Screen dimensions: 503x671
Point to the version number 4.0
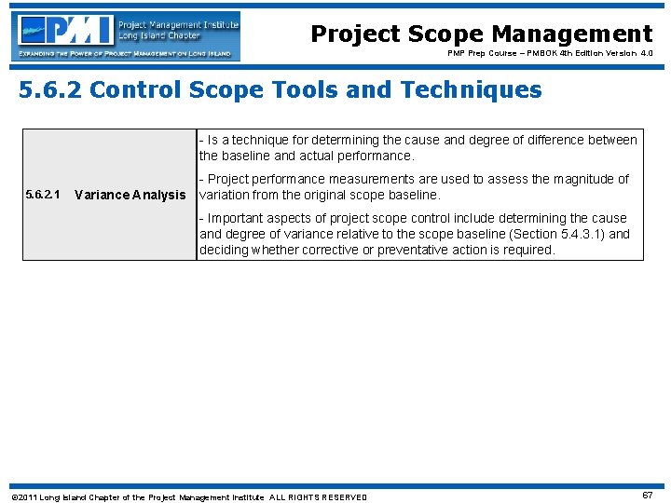tap(644, 54)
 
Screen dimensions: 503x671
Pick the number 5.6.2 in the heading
tap(51, 89)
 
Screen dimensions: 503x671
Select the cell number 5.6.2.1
tap(42, 195)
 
